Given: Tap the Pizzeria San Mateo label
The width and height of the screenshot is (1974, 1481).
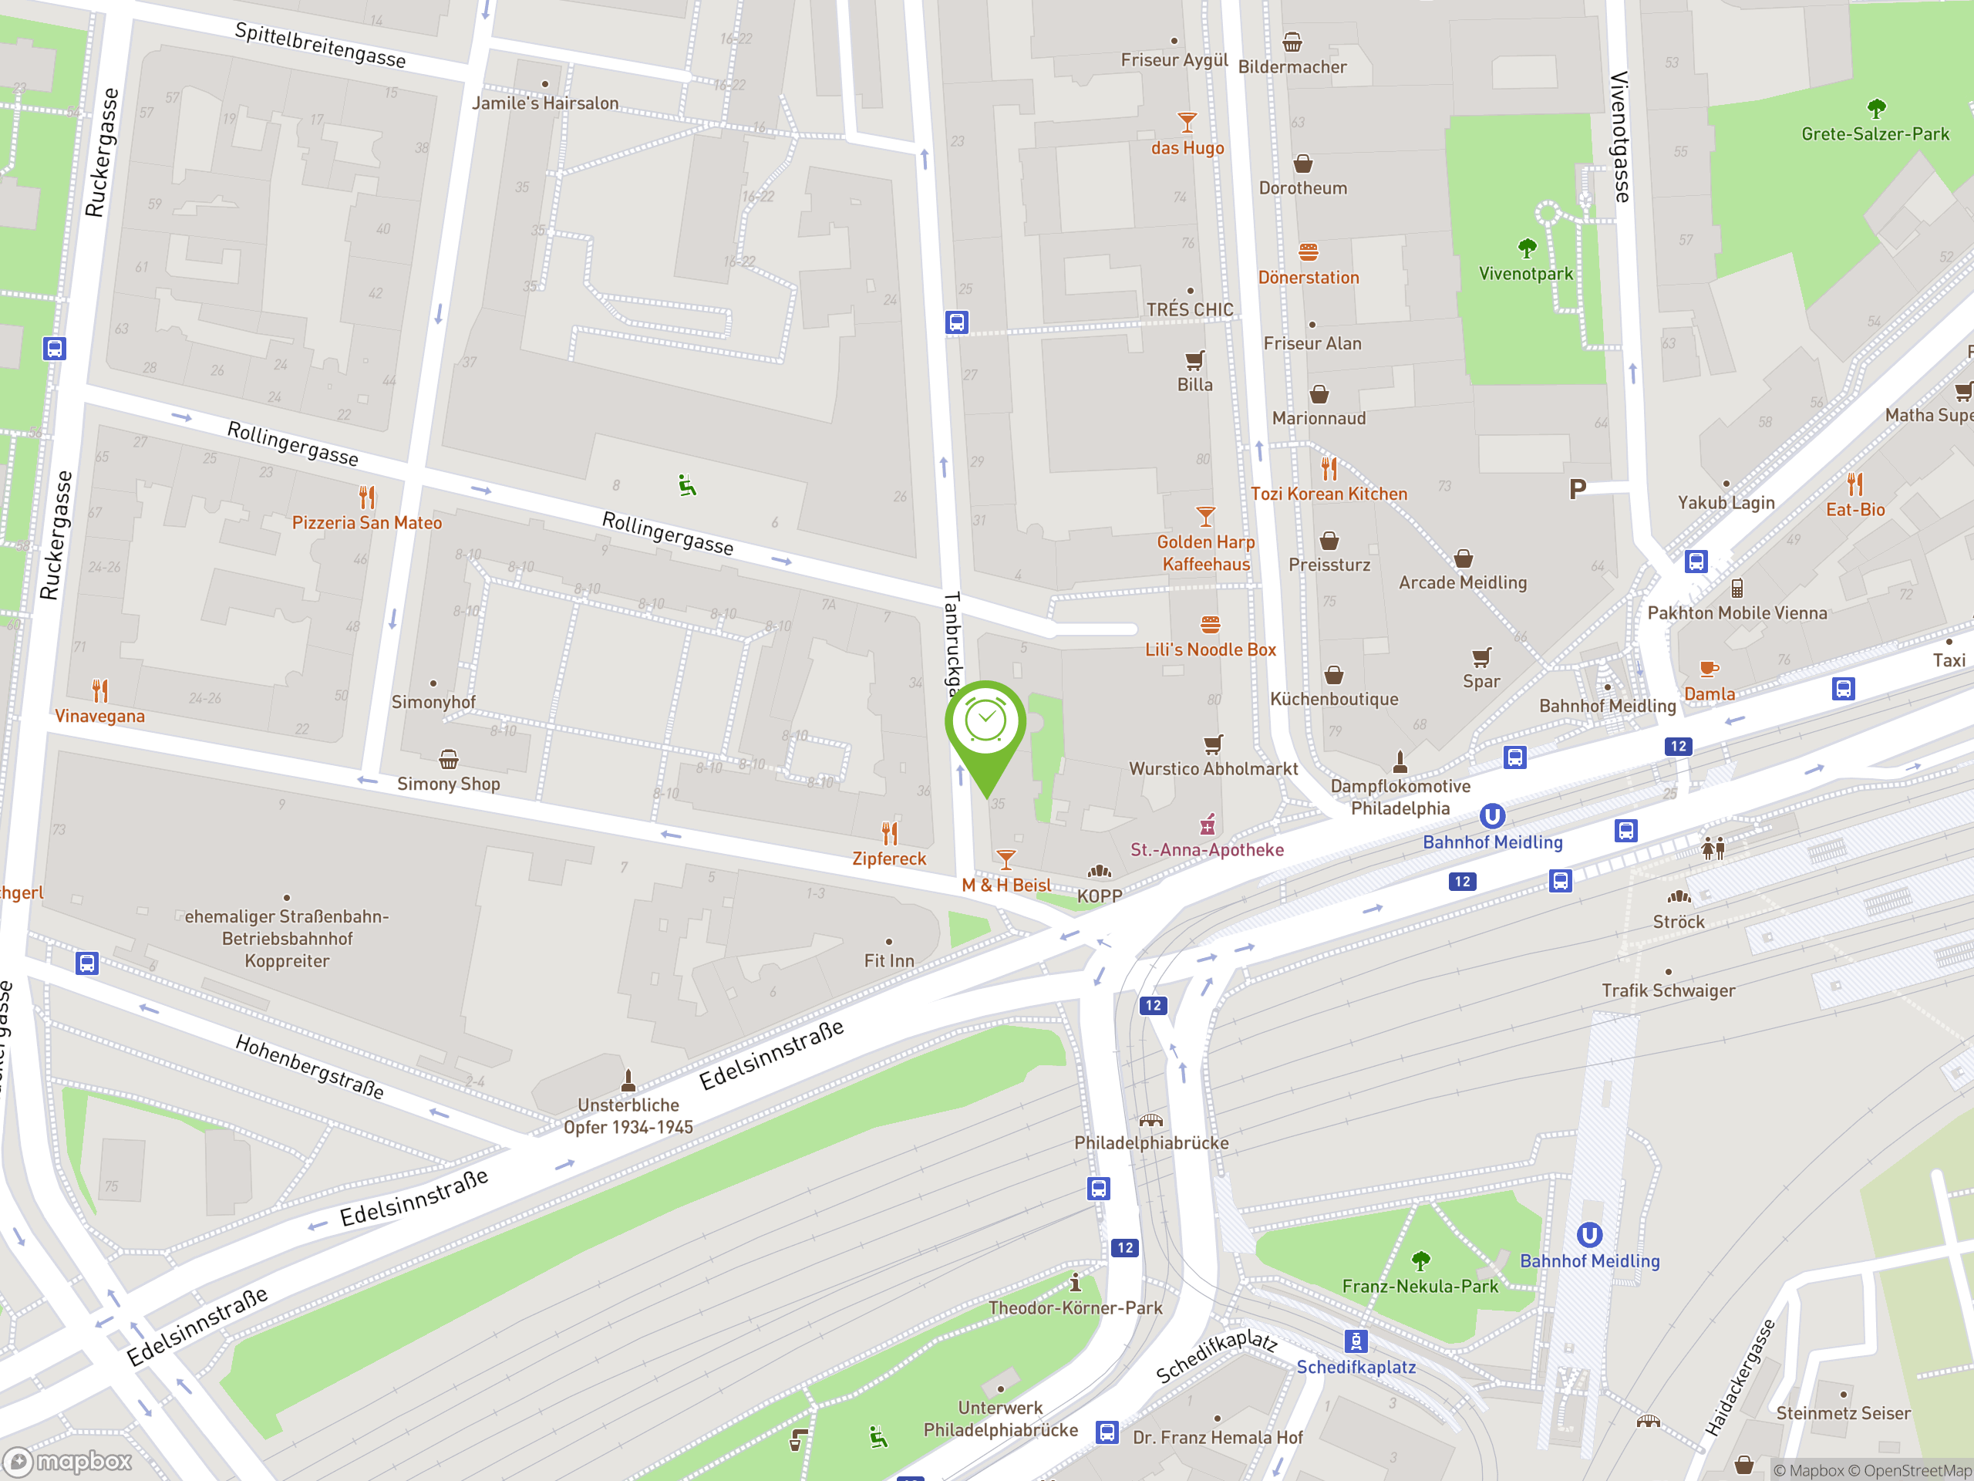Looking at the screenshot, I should tap(367, 523).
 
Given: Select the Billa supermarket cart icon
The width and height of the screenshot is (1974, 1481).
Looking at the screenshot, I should tap(1194, 359).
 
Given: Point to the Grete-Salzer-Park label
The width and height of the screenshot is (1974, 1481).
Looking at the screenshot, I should tap(1875, 135).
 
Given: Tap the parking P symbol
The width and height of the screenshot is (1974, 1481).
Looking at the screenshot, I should tap(1577, 488).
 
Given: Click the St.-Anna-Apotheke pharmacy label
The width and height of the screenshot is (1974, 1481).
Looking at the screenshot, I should tap(1207, 850).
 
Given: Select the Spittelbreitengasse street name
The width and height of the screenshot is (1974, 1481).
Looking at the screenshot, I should tap(320, 45).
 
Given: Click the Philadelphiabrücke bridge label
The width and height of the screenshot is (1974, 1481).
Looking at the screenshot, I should tap(1151, 1142).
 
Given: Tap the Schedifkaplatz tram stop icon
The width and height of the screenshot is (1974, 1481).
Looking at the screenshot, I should tap(1356, 1341).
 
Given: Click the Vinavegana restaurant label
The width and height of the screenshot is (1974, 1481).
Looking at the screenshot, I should tap(99, 716).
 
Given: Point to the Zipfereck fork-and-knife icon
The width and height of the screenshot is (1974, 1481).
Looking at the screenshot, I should tap(889, 833).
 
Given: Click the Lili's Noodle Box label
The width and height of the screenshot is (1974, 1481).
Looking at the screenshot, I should tap(1210, 650).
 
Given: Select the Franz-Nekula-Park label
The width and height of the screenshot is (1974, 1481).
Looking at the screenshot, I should tap(1420, 1287).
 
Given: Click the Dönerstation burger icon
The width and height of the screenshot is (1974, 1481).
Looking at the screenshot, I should tap(1309, 251).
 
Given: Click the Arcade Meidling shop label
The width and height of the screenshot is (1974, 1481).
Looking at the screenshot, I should tap(1463, 583).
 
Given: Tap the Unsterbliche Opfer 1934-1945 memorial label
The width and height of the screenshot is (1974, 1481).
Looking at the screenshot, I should tap(628, 1116).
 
